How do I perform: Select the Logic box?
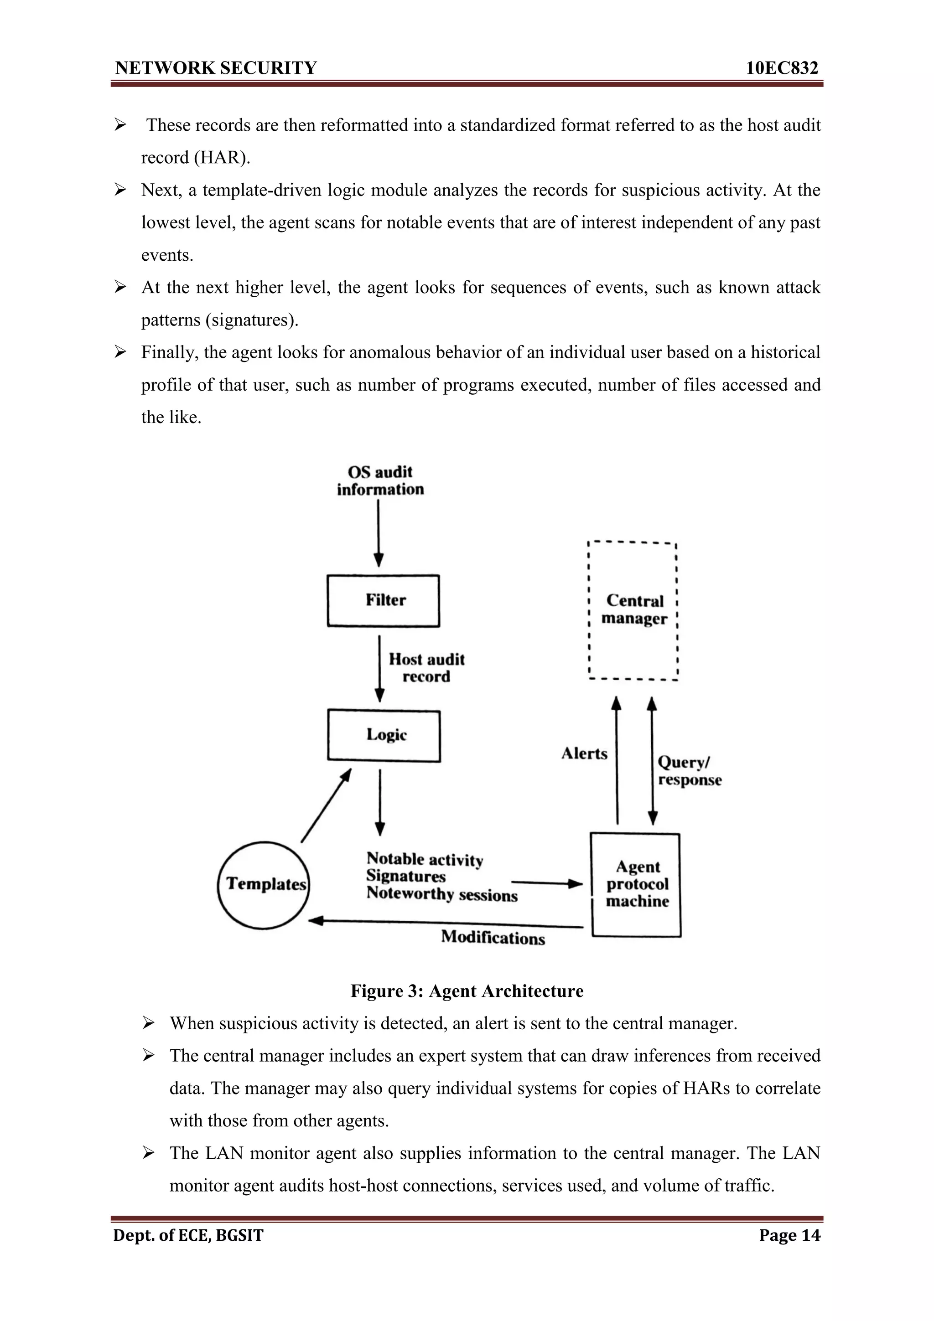click(384, 735)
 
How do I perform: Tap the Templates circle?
click(264, 884)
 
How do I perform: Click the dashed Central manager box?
click(633, 610)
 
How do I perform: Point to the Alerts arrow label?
click(584, 753)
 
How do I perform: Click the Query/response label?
click(689, 771)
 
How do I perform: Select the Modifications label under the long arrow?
click(493, 937)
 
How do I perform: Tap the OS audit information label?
click(380, 480)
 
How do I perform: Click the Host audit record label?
click(426, 667)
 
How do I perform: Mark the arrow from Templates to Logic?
click(326, 805)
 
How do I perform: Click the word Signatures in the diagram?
click(406, 876)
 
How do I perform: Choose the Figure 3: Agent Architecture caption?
click(467, 991)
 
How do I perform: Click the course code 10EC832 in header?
click(782, 68)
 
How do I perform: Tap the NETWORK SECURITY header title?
click(216, 68)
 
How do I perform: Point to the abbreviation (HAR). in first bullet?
click(222, 158)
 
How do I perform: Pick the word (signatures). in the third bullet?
click(251, 320)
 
